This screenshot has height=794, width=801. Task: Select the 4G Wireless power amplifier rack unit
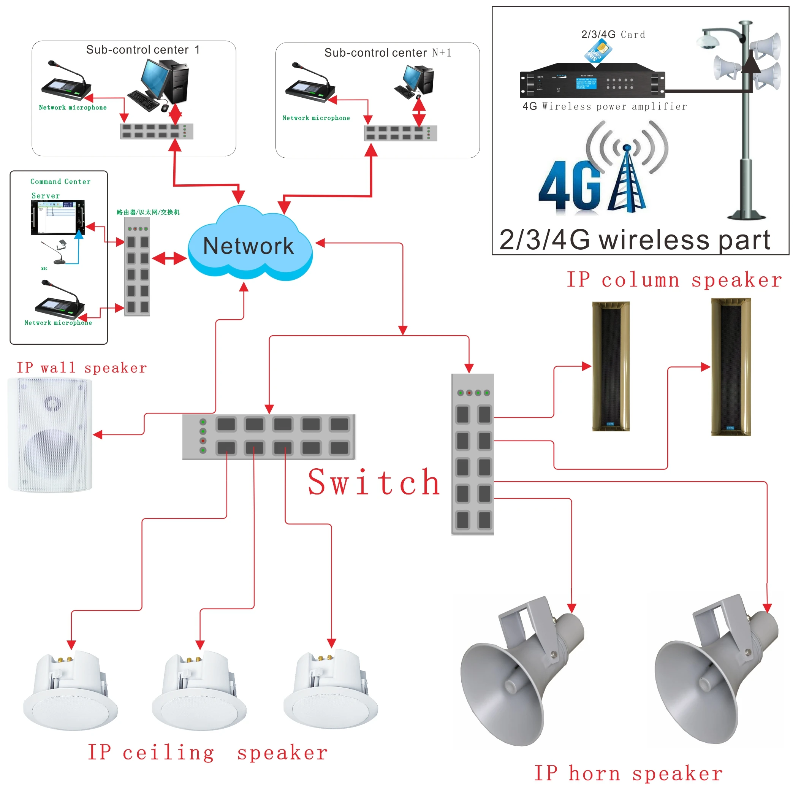(x=592, y=81)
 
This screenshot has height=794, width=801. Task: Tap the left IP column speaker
(x=611, y=366)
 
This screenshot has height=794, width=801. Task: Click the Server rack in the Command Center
(x=58, y=217)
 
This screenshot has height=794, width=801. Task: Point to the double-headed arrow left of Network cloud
(x=169, y=258)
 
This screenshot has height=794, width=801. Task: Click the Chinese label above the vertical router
(x=148, y=212)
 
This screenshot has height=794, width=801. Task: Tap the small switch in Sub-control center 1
(x=156, y=132)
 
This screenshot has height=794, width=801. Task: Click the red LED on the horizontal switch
(x=203, y=440)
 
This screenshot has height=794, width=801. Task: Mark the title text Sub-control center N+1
(x=387, y=53)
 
